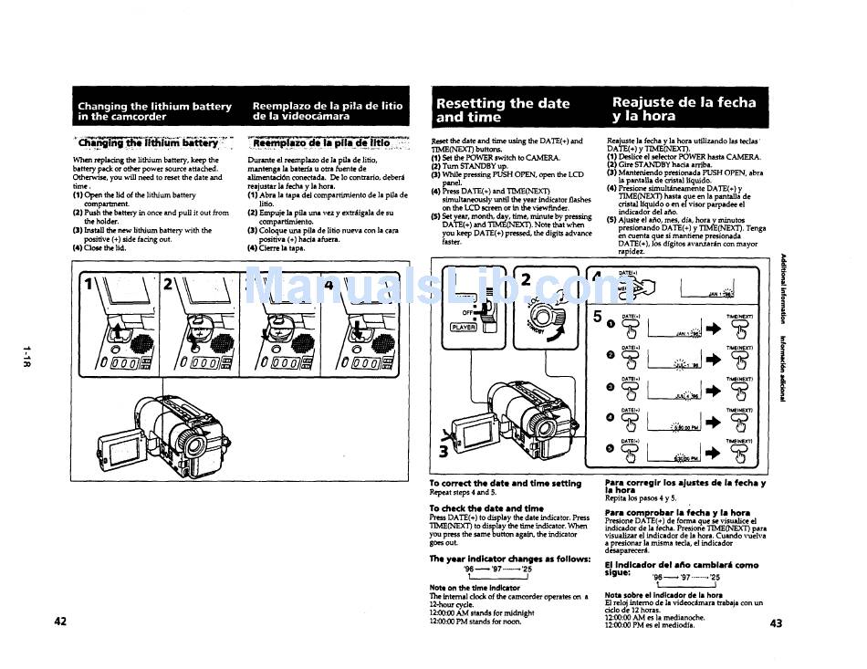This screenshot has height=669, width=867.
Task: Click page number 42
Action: tap(60, 622)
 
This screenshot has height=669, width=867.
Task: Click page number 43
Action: tap(777, 624)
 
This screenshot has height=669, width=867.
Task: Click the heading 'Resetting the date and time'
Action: tap(503, 110)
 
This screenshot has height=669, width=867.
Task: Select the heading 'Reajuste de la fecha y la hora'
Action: tap(684, 110)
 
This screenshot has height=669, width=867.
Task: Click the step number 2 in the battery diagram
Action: tap(167, 284)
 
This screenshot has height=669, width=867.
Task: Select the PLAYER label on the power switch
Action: tap(464, 327)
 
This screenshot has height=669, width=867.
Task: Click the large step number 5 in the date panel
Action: tap(599, 316)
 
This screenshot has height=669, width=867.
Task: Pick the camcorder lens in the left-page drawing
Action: tap(193, 443)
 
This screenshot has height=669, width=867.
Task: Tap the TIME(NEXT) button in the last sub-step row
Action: tap(739, 451)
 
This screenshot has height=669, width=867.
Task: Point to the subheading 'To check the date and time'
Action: tap(486, 508)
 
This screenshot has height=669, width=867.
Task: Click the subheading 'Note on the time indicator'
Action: tap(475, 588)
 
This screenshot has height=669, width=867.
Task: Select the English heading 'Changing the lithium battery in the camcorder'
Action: tap(154, 111)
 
